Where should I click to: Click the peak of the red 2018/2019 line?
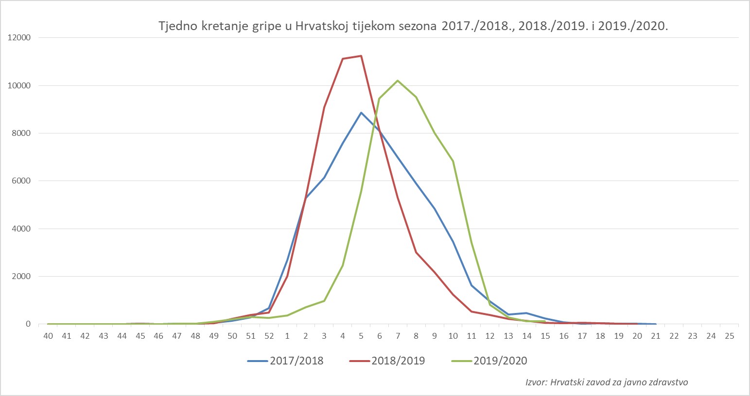[x=361, y=56]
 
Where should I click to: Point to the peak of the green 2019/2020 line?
[x=398, y=81]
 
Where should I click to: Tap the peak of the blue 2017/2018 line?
[x=361, y=113]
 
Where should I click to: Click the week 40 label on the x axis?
[x=48, y=336]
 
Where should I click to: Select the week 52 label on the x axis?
[x=269, y=336]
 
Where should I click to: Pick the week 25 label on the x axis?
[x=729, y=336]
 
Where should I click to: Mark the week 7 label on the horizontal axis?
[x=398, y=336]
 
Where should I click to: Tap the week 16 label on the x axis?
[x=563, y=336]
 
